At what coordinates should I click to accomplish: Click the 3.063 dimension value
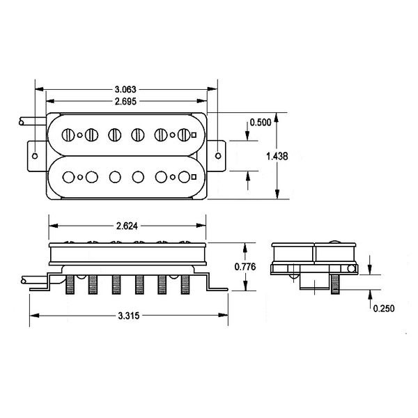[126, 90]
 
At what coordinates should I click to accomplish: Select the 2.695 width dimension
[126, 102]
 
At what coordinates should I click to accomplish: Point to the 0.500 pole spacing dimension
[261, 123]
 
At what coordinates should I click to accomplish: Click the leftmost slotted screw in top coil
[69, 134]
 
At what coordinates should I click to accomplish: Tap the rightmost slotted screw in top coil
[184, 134]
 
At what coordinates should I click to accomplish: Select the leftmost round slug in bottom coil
[69, 176]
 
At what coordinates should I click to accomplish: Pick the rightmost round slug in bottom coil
[184, 176]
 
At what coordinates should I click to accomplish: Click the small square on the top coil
[198, 134]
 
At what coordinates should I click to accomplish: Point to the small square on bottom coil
[198, 176]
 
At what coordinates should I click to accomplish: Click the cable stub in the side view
[31, 279]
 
